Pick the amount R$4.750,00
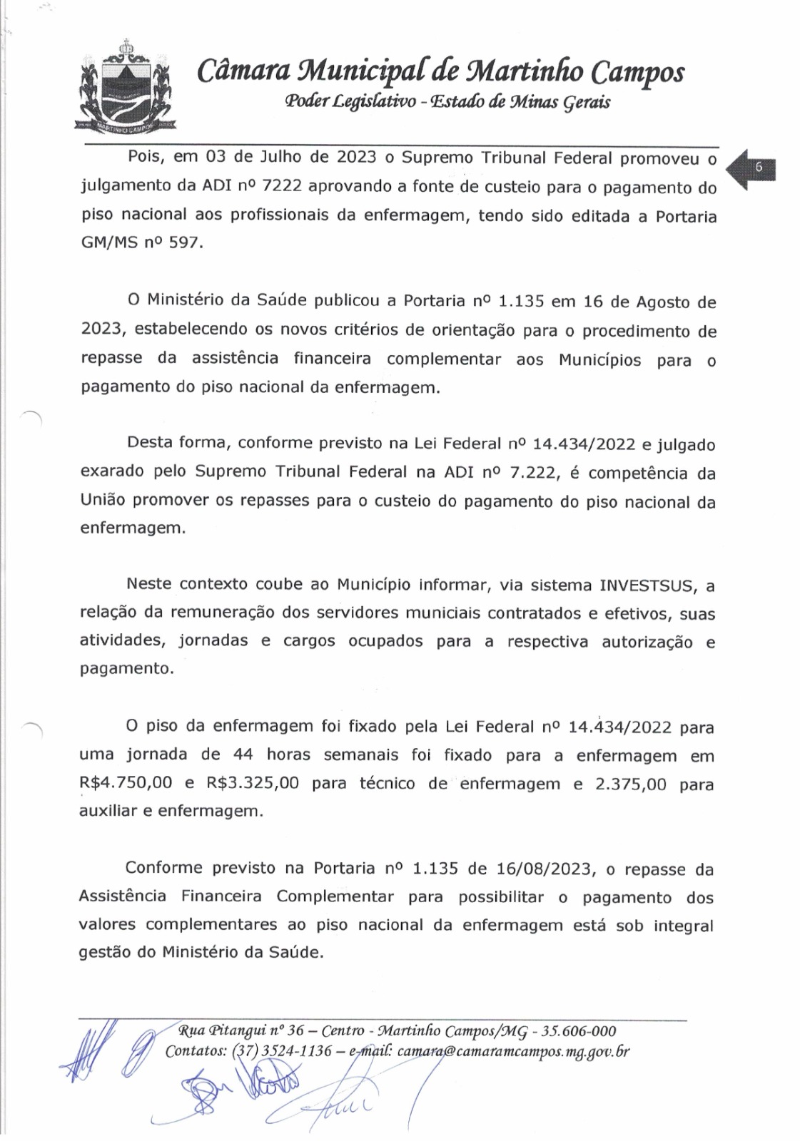click(x=126, y=783)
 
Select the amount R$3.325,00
click(x=253, y=783)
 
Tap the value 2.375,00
click(x=631, y=784)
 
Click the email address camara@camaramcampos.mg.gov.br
click(x=513, y=1051)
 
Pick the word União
click(x=103, y=501)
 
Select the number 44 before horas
click(x=243, y=755)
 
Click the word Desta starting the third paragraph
click(x=149, y=443)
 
